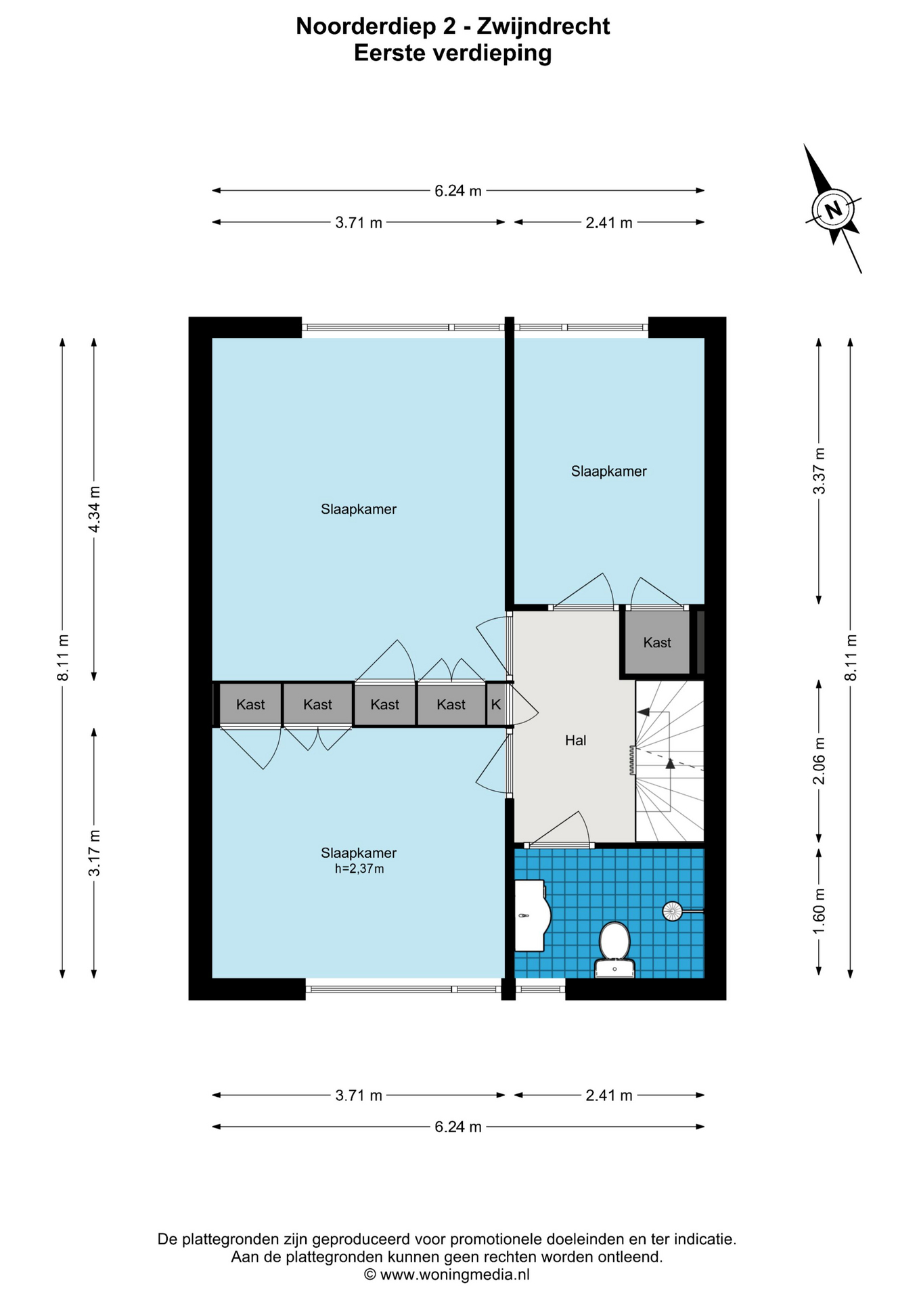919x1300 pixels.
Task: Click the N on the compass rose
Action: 834,209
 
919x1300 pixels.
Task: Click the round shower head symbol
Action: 672,911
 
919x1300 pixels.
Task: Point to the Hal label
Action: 575,741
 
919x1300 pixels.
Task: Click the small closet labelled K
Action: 495,704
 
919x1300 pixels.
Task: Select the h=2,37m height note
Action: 359,869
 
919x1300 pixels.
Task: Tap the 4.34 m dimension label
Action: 95,509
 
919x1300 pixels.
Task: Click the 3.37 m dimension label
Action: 820,471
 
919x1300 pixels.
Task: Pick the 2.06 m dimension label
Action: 820,761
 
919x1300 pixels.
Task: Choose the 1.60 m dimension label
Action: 820,911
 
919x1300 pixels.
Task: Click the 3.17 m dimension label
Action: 95,853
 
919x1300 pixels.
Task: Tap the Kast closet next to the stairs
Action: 657,643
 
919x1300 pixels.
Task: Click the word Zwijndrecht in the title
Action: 543,26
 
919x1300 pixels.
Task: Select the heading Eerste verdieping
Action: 453,53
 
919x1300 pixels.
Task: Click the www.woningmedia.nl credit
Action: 455,1275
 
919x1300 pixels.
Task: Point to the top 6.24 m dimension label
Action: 458,191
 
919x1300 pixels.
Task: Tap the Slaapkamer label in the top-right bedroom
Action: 609,471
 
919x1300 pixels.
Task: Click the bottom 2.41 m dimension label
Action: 609,1096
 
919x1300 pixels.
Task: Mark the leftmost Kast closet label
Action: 250,705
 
